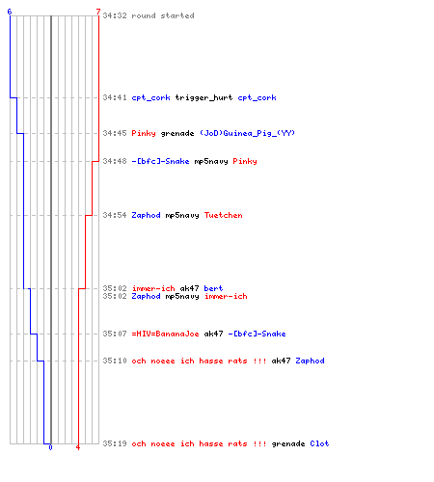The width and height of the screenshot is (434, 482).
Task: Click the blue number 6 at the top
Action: click(10, 12)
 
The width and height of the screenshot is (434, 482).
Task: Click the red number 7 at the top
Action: click(98, 12)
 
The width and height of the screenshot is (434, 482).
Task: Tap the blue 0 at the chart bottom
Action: click(50, 447)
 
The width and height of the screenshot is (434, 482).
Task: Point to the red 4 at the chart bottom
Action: click(78, 447)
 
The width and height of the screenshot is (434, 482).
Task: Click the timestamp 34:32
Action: click(115, 15)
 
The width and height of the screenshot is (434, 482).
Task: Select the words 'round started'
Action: click(163, 15)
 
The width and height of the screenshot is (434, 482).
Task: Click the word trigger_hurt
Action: click(203, 97)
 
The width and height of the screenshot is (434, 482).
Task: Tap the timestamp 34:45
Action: click(115, 133)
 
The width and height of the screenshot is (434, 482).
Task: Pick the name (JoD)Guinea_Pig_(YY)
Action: click(247, 133)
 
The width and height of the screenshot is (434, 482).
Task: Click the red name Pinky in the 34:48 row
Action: click(245, 161)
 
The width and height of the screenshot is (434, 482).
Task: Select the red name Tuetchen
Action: click(224, 215)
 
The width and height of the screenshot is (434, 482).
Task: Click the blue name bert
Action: click(213, 288)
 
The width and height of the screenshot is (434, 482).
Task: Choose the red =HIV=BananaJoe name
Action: click(165, 334)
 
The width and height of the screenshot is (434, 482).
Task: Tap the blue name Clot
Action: click(319, 443)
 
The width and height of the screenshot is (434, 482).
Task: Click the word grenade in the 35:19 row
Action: click(288, 444)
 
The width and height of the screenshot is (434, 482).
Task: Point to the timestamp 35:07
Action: click(115, 334)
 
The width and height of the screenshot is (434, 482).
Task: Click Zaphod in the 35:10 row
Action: click(310, 361)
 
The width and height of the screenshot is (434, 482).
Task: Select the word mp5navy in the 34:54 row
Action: click(182, 216)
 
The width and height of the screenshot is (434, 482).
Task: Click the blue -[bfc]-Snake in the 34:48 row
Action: click(160, 161)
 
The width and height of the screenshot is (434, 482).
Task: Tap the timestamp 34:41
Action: click(115, 97)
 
